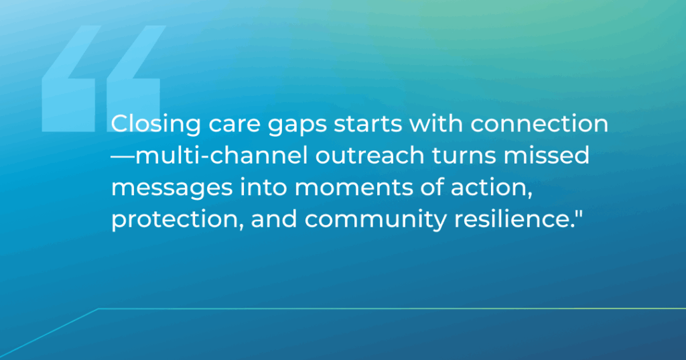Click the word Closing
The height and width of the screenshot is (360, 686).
(155, 125)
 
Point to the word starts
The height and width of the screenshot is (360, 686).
(368, 124)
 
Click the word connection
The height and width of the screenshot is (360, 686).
(539, 124)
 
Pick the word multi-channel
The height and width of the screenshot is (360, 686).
(222, 156)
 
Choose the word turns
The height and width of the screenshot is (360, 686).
(464, 156)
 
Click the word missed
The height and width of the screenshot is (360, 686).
(547, 156)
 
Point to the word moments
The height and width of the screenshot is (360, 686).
(352, 188)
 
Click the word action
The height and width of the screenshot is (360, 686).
(491, 188)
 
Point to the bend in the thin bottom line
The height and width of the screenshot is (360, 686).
(98, 309)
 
